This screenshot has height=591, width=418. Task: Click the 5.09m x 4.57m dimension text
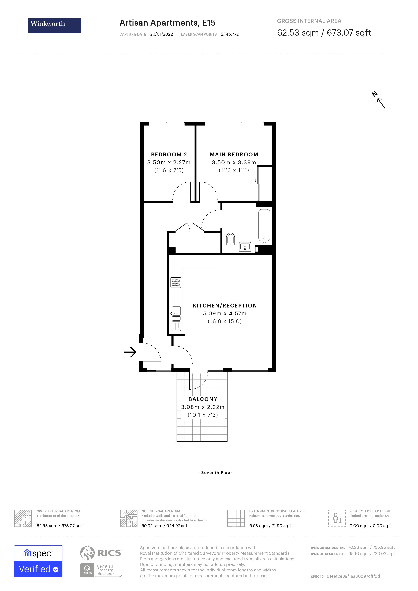point(225,313)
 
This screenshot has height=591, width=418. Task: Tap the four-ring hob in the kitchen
point(176,283)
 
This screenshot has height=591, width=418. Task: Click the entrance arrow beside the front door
point(130,352)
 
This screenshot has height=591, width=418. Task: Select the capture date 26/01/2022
point(161,34)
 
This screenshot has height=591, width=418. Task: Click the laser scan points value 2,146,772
point(230,34)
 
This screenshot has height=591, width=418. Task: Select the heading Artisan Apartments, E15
point(167,23)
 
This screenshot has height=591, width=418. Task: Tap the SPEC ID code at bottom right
point(353,576)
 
